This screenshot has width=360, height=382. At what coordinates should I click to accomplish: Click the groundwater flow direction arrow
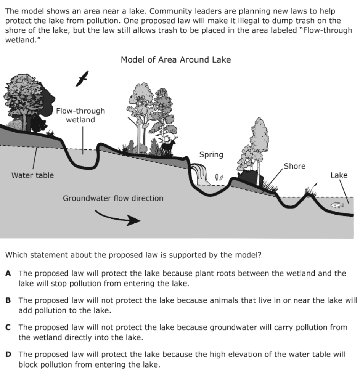point(118,217)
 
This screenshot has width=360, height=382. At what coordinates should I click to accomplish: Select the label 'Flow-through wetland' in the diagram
point(80,115)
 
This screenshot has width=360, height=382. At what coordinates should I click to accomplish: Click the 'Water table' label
point(32,175)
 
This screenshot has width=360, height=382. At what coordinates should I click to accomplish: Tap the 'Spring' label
point(211,155)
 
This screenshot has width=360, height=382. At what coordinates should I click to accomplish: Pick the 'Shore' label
point(295,166)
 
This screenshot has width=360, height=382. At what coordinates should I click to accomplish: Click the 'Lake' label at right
point(339,175)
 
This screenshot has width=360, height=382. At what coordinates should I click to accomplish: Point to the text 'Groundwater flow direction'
point(113,198)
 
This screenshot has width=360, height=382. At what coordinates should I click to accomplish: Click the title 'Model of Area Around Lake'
point(175,60)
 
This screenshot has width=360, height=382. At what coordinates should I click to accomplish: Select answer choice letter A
point(8,273)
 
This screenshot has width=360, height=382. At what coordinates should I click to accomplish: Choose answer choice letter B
point(8,300)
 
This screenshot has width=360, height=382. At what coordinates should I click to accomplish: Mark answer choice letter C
point(8,327)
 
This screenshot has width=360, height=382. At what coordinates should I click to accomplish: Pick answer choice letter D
point(8,355)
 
